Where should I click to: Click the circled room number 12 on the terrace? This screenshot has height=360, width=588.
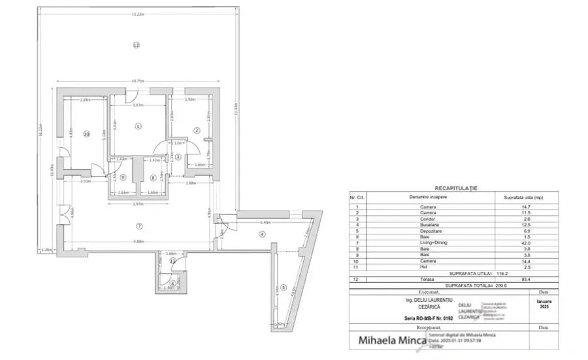pyautogui.click(x=136, y=45)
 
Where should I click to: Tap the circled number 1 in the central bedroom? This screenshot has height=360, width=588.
pyautogui.click(x=138, y=126)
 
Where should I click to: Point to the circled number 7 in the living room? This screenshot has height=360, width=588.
pyautogui.click(x=139, y=226)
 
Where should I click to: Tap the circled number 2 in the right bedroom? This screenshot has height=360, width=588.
pyautogui.click(x=196, y=130)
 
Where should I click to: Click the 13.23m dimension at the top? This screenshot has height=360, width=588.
pyautogui.click(x=138, y=14)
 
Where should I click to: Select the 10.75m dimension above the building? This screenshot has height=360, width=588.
pyautogui.click(x=138, y=81)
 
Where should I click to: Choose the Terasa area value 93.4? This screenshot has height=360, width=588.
pyautogui.click(x=520, y=278)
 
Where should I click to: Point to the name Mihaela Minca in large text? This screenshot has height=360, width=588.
pyautogui.click(x=390, y=340)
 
